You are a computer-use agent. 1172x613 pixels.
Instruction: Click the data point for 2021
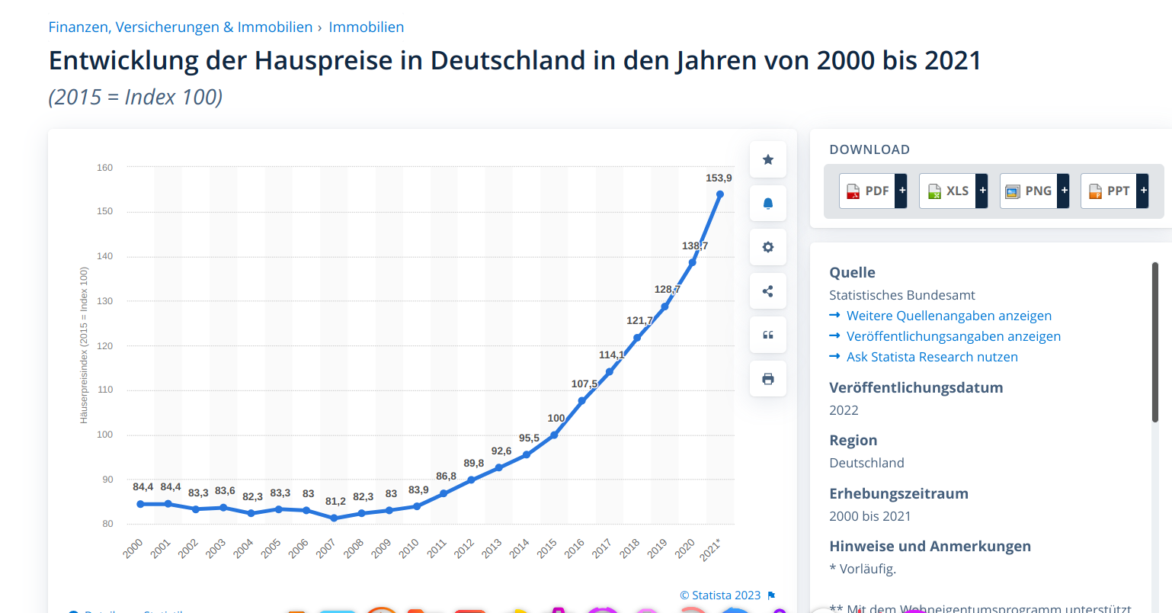720,194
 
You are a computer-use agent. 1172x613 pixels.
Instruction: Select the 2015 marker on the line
554,435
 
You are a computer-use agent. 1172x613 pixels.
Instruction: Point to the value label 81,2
335,501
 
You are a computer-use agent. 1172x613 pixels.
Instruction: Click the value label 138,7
695,246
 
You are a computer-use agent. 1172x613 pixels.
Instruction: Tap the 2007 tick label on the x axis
326,547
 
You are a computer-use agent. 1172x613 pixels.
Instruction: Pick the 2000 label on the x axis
133,547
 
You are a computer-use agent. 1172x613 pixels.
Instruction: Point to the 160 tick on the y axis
105,167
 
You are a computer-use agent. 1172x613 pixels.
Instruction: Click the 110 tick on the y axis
105,390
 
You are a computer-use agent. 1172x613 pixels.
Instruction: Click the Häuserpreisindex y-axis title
84,345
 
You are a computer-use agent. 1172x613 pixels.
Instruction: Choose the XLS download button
953,191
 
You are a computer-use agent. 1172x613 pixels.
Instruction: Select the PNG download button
1033,191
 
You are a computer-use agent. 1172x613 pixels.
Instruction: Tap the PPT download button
1113,191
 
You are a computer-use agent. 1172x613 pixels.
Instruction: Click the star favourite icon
768,159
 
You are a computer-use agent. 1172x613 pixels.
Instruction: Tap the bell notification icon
768,204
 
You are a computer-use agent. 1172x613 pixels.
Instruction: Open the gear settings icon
768,247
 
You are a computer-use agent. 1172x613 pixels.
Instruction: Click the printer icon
768,379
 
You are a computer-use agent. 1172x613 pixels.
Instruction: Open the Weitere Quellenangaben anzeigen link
949,316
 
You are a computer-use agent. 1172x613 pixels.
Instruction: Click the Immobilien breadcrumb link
367,27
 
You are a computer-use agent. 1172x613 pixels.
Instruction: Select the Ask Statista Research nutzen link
932,357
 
